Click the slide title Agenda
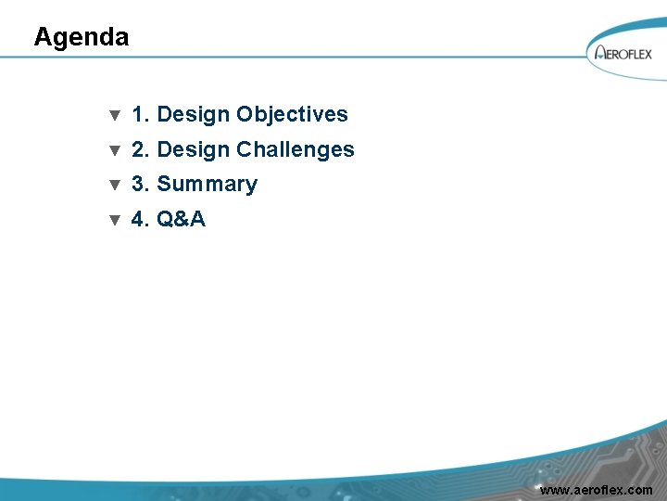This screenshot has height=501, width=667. click(x=82, y=37)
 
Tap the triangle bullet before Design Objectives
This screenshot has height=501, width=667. click(x=115, y=116)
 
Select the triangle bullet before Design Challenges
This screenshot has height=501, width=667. click(x=115, y=150)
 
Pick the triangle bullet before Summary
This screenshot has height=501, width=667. click(x=115, y=186)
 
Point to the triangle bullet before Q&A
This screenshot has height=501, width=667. click(x=115, y=221)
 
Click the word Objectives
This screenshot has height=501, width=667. click(x=292, y=115)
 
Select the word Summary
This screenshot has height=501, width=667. click(x=207, y=185)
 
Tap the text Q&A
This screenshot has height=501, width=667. click(x=182, y=220)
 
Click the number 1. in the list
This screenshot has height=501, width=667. click(x=142, y=115)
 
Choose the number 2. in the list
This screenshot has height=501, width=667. click(x=142, y=149)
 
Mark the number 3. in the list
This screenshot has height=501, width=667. click(x=142, y=185)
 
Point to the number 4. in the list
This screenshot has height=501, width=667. click(x=142, y=220)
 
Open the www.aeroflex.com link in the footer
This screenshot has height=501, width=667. click(x=596, y=490)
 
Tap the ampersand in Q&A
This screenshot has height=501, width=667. click(x=182, y=220)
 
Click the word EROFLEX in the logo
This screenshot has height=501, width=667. click(x=630, y=55)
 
